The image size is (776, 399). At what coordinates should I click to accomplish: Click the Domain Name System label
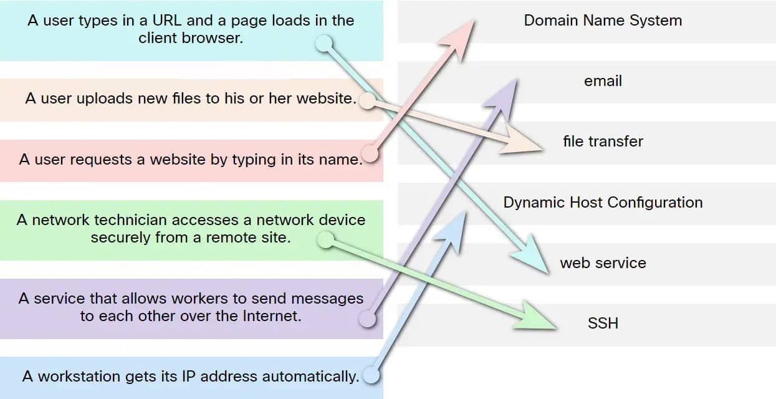(603, 21)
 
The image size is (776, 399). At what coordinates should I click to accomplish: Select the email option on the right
(603, 81)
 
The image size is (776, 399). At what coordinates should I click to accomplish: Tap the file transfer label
(603, 142)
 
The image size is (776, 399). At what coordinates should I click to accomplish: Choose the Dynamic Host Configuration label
(603, 203)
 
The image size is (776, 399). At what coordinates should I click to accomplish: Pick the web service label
(603, 263)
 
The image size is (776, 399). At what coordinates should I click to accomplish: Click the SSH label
(603, 324)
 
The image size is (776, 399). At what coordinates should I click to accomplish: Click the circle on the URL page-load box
(323, 43)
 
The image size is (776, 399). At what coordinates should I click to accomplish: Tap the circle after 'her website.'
(368, 100)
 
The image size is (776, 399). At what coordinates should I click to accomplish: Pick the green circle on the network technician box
(325, 239)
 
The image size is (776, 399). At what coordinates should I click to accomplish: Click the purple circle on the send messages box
(368, 320)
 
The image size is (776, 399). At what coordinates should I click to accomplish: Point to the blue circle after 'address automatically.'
(371, 375)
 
